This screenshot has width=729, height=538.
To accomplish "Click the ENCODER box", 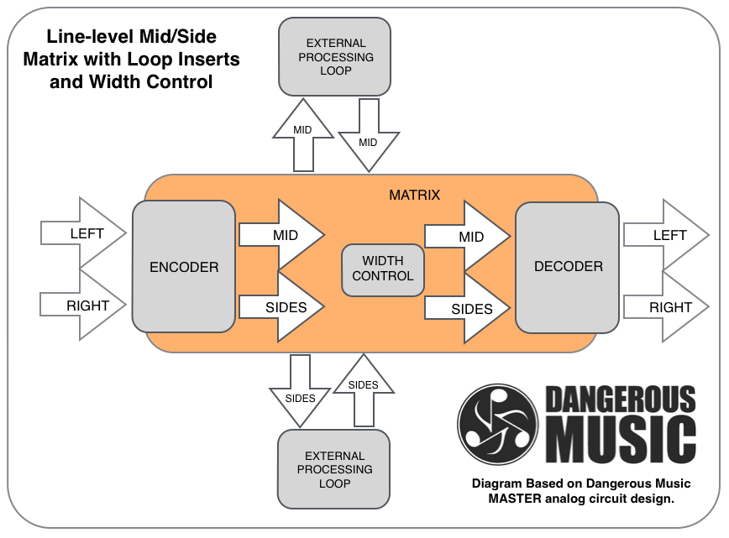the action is click(184, 267).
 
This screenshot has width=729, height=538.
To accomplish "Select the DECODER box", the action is click(567, 267).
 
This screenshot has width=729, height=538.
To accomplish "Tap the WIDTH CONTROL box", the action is click(383, 270).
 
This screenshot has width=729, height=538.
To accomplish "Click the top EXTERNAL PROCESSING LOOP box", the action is click(335, 57).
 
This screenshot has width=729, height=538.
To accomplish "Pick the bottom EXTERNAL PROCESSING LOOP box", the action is click(333, 469).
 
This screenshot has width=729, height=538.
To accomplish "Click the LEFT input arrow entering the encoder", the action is click(84, 232).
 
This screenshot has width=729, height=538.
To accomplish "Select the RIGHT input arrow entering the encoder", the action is click(84, 306).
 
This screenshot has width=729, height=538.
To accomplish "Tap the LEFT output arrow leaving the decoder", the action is click(666, 235).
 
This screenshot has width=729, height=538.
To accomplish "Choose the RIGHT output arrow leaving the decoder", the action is click(666, 306).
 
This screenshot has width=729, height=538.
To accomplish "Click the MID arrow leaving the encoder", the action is click(281, 235).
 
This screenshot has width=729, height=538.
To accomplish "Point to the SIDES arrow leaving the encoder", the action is click(281, 307).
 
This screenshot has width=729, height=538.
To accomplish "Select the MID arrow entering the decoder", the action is click(468, 236).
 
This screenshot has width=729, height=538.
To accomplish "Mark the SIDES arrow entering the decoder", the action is click(468, 309).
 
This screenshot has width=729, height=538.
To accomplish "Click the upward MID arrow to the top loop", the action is click(303, 135).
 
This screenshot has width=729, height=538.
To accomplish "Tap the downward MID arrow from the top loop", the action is click(369, 135).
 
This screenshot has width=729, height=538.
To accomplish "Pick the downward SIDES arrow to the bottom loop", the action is click(300, 391).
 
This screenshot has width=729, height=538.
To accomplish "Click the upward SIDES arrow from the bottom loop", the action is click(364, 390).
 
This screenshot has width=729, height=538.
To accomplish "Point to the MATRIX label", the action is click(414, 195).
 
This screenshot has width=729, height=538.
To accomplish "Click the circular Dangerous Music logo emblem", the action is click(497, 424).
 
